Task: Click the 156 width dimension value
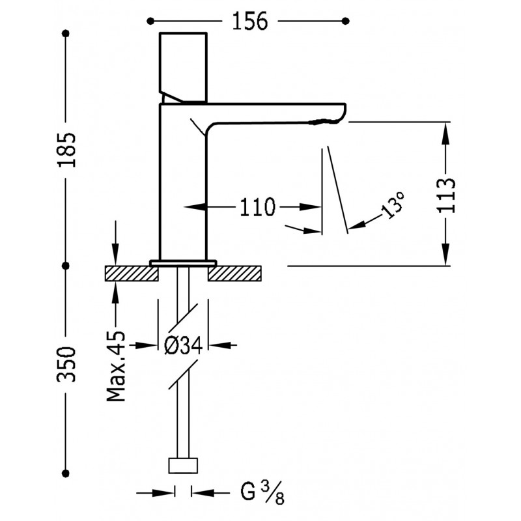[x=250, y=21]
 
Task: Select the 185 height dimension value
[x=67, y=150]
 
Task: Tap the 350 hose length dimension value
[x=67, y=364]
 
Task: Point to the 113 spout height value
[x=446, y=195]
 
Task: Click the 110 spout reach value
[x=257, y=207]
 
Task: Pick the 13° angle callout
[x=393, y=204]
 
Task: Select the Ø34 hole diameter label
[x=184, y=346]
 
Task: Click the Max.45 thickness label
[x=116, y=366]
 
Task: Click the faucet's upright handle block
[x=184, y=68]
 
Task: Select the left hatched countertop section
[x=132, y=274]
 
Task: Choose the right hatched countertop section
[x=234, y=274]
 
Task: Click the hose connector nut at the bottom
[x=183, y=466]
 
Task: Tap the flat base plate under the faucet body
[x=183, y=263]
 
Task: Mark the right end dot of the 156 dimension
[x=346, y=21]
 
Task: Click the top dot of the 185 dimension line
[x=66, y=33]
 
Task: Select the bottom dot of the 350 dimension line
[x=66, y=473]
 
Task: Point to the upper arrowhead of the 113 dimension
[x=446, y=133]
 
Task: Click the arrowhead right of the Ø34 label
[x=219, y=346]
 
